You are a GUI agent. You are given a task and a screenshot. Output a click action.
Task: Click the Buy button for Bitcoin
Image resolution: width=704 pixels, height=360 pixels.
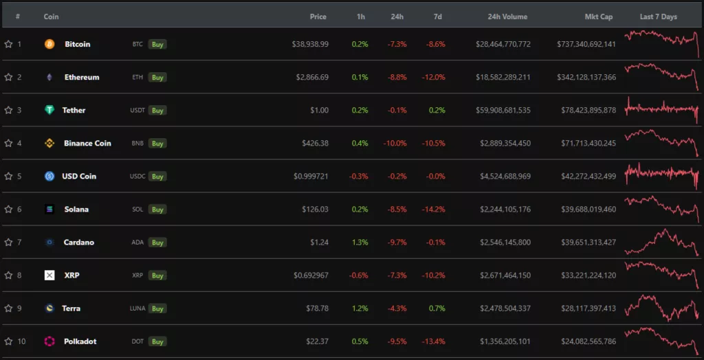pos(157,44)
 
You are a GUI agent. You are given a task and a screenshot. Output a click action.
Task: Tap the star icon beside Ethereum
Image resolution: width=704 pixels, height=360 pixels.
pos(8,77)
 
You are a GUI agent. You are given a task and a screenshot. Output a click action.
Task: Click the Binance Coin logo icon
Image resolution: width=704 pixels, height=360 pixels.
pos(49,143)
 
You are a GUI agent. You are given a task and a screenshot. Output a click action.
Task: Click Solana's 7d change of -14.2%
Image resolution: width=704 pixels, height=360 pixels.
pos(434,209)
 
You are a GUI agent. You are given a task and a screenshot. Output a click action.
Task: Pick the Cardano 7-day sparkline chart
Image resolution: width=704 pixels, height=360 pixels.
pos(661,242)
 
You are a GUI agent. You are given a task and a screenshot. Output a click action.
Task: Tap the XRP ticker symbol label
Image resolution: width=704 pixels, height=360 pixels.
pos(137,275)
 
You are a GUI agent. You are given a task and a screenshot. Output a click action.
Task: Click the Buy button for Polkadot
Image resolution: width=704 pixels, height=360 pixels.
pos(157,341)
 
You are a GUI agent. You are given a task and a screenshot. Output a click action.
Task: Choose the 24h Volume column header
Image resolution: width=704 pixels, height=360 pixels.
pos(507,16)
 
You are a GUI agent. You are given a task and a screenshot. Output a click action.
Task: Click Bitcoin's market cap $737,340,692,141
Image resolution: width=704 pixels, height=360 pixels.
pos(586,44)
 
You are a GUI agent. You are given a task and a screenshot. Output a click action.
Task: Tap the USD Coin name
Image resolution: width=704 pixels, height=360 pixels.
pos(79,176)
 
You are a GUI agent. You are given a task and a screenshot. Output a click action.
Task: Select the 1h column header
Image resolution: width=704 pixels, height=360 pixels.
pos(361,16)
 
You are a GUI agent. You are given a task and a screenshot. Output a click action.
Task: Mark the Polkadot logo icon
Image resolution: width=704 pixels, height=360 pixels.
pos(49,341)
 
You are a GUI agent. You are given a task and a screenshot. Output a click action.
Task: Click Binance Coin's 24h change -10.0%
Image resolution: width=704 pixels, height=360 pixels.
pos(396,143)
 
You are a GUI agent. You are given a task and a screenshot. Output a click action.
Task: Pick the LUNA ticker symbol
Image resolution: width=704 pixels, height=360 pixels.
pos(138,308)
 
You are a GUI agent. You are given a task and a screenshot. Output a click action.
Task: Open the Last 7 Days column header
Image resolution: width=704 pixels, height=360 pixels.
pos(658,16)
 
